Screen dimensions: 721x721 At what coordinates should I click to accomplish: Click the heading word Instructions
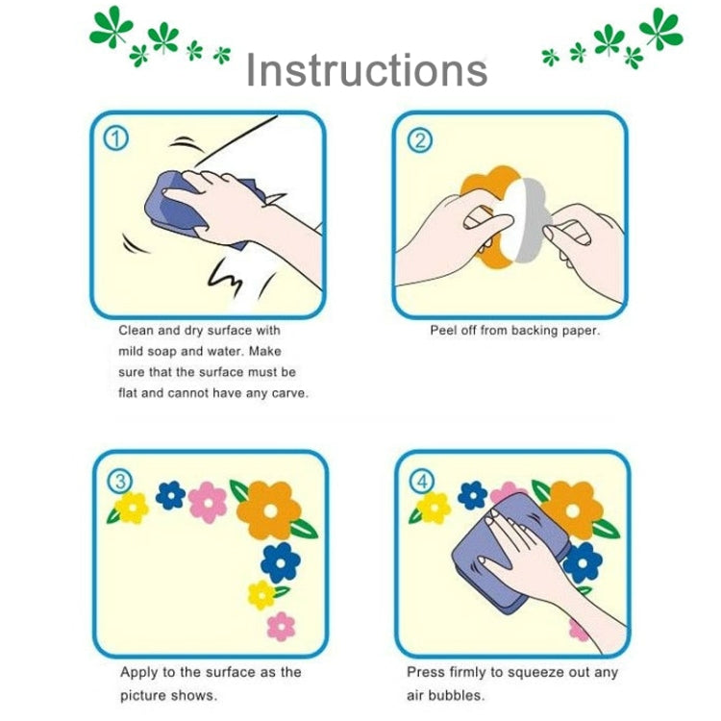tap(366, 71)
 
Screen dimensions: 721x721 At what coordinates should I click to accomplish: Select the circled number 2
tap(420, 140)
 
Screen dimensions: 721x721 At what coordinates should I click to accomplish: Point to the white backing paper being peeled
tap(524, 222)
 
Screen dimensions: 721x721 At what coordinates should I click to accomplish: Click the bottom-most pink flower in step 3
tap(280, 626)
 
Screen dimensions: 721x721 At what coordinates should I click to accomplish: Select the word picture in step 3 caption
tap(142, 694)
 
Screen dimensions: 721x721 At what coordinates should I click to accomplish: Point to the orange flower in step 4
tap(575, 507)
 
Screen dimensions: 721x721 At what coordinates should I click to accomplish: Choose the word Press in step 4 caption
tap(425, 672)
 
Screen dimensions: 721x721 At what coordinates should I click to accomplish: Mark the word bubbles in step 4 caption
tap(460, 694)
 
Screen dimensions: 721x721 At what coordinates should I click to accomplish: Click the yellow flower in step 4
tap(434, 508)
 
